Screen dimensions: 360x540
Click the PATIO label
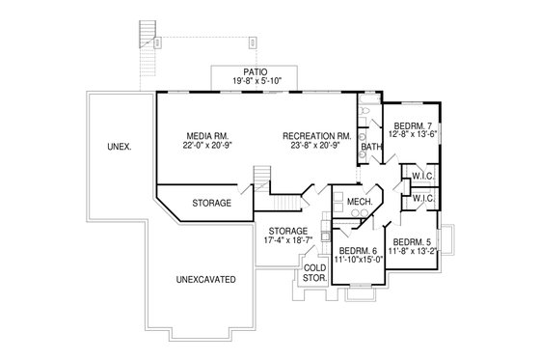[x=255, y=72]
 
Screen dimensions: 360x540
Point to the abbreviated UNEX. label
[x=121, y=146]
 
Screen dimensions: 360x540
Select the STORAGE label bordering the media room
[x=210, y=203]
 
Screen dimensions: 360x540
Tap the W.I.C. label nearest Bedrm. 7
[x=420, y=176]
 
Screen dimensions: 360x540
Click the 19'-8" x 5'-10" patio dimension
[x=255, y=82]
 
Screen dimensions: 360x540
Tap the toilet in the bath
[x=364, y=113]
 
